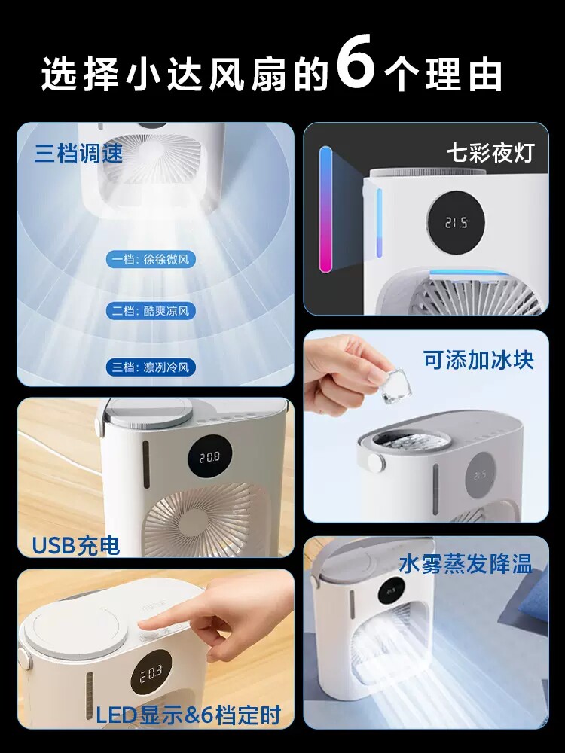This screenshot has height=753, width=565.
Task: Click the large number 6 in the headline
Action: point(356,62)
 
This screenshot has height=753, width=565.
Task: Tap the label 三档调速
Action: point(79,153)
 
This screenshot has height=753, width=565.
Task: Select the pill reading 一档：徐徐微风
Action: point(151,260)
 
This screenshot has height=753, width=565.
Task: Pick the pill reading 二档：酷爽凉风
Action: point(151,311)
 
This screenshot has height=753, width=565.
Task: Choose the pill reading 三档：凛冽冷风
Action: point(151,367)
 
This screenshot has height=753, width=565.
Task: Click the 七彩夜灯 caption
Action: point(490,153)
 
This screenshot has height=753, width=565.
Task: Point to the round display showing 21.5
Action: point(456,223)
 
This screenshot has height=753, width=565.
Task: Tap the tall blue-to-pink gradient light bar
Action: point(325,209)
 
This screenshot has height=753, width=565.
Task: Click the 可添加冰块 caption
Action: point(478,360)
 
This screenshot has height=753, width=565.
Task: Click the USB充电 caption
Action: point(76,545)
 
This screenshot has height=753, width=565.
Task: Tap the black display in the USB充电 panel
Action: point(209,457)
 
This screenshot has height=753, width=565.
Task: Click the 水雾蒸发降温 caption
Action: point(466,564)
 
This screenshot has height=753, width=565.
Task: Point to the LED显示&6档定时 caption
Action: point(189,715)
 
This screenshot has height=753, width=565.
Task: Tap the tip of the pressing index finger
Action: point(142,623)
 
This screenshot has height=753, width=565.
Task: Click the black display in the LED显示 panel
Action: point(151,675)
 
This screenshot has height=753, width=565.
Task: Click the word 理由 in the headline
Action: point(463,74)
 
